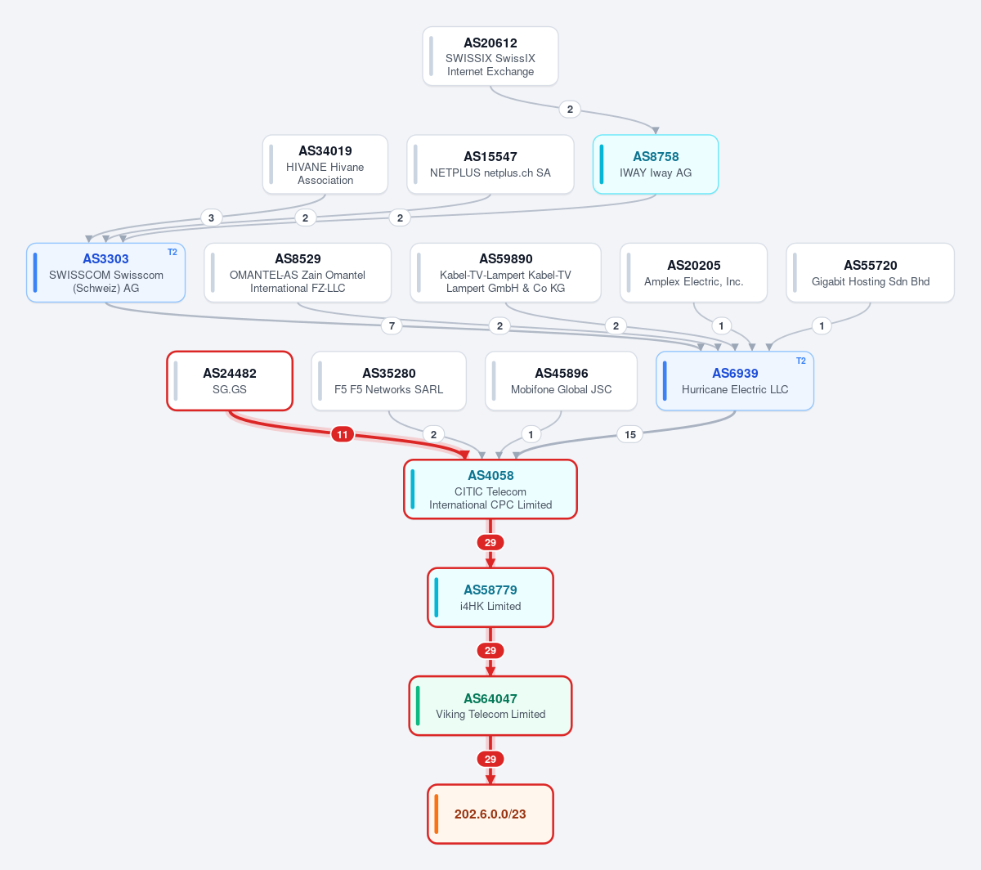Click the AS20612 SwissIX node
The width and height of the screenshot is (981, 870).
pyautogui.click(x=490, y=56)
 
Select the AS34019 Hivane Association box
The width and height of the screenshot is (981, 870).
pyautogui.click(x=325, y=164)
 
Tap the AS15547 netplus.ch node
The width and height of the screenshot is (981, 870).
pyautogui.click(x=490, y=164)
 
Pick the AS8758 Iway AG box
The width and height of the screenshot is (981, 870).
pyautogui.click(x=656, y=164)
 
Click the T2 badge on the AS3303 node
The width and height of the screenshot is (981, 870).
pyautogui.click(x=172, y=252)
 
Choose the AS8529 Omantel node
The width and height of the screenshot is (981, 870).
pyautogui.click(x=298, y=273)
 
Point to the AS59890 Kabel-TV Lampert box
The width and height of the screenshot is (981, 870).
pyautogui.click(x=505, y=273)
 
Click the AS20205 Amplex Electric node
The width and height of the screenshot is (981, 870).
pyautogui.click(x=693, y=273)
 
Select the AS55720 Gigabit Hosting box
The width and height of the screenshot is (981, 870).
pyautogui.click(x=870, y=273)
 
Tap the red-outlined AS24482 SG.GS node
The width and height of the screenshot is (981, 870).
pyautogui.click(x=230, y=381)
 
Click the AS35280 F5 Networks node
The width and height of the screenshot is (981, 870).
pyautogui.click(x=389, y=381)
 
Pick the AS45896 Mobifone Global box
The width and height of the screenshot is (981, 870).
pyautogui.click(x=561, y=381)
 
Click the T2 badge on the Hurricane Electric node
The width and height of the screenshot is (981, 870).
pyautogui.click(x=801, y=361)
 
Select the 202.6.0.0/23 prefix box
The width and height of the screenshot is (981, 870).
pyautogui.click(x=490, y=814)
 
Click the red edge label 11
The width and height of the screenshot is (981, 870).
pyautogui.click(x=343, y=434)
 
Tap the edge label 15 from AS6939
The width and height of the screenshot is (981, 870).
pyautogui.click(x=630, y=434)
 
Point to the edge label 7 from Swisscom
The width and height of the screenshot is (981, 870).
pyautogui.click(x=392, y=326)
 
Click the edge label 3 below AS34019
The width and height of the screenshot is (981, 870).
pyautogui.click(x=211, y=218)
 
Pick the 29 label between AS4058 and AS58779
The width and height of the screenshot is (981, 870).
pyautogui.click(x=490, y=543)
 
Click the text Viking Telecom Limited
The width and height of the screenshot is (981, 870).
pyautogui.click(x=490, y=714)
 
